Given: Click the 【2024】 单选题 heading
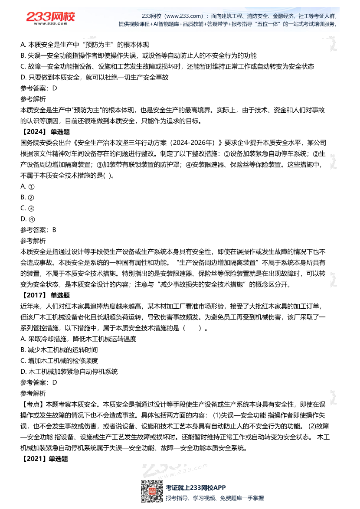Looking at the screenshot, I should (45, 132).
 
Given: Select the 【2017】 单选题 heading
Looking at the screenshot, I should (45, 296).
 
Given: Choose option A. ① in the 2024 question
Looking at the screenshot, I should (27, 186).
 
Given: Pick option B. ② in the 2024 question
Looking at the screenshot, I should (27, 197).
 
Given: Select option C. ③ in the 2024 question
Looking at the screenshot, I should (27, 208).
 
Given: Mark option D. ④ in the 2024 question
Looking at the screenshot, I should (27, 219).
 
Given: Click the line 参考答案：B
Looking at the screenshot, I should (39, 230).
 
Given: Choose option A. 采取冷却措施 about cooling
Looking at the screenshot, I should (79, 339).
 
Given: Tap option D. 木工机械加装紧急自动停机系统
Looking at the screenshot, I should (69, 372).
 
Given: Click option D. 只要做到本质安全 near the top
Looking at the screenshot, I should (95, 77).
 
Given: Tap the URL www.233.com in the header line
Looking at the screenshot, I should (177, 16).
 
